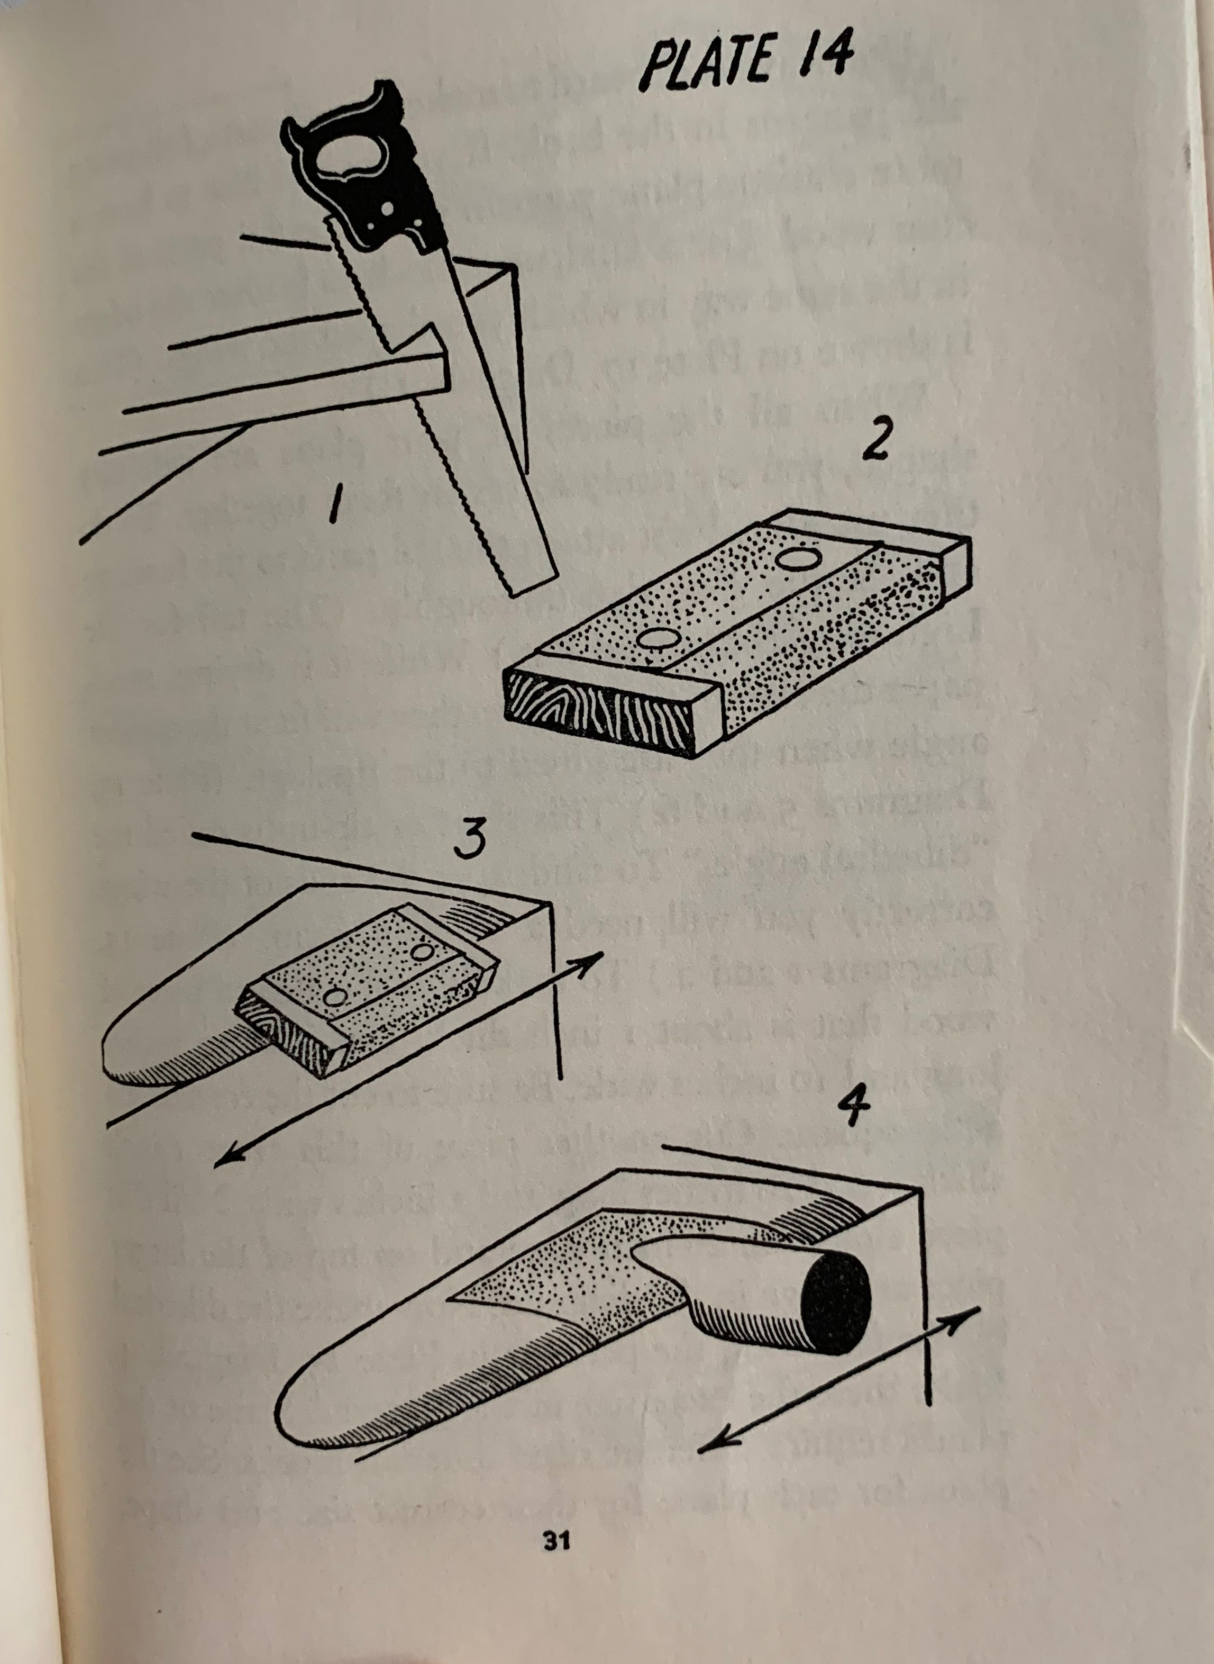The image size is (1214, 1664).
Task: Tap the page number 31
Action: tap(557, 1538)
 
